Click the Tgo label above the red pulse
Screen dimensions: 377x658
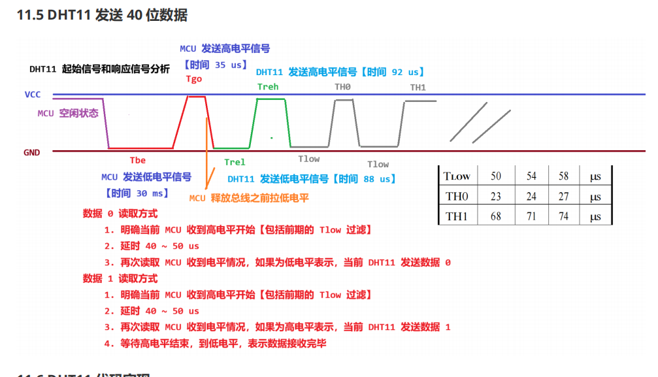(194, 79)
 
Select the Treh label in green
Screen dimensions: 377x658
(268, 87)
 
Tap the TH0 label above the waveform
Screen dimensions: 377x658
(343, 87)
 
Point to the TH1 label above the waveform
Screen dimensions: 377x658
(418, 88)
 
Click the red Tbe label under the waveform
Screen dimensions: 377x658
(137, 160)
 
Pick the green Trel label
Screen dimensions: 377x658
(235, 162)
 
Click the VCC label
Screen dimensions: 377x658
(33, 95)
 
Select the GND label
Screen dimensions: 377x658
(32, 152)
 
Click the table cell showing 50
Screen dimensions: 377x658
(496, 176)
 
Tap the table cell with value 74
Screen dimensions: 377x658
(563, 216)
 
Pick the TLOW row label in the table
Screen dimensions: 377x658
(457, 176)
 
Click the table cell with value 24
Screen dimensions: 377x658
(531, 197)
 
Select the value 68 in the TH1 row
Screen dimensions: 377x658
(496, 216)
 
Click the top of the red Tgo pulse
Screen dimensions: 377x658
(196, 97)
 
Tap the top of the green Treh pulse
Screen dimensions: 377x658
(271, 99)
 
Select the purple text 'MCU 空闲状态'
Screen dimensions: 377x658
(68, 113)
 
